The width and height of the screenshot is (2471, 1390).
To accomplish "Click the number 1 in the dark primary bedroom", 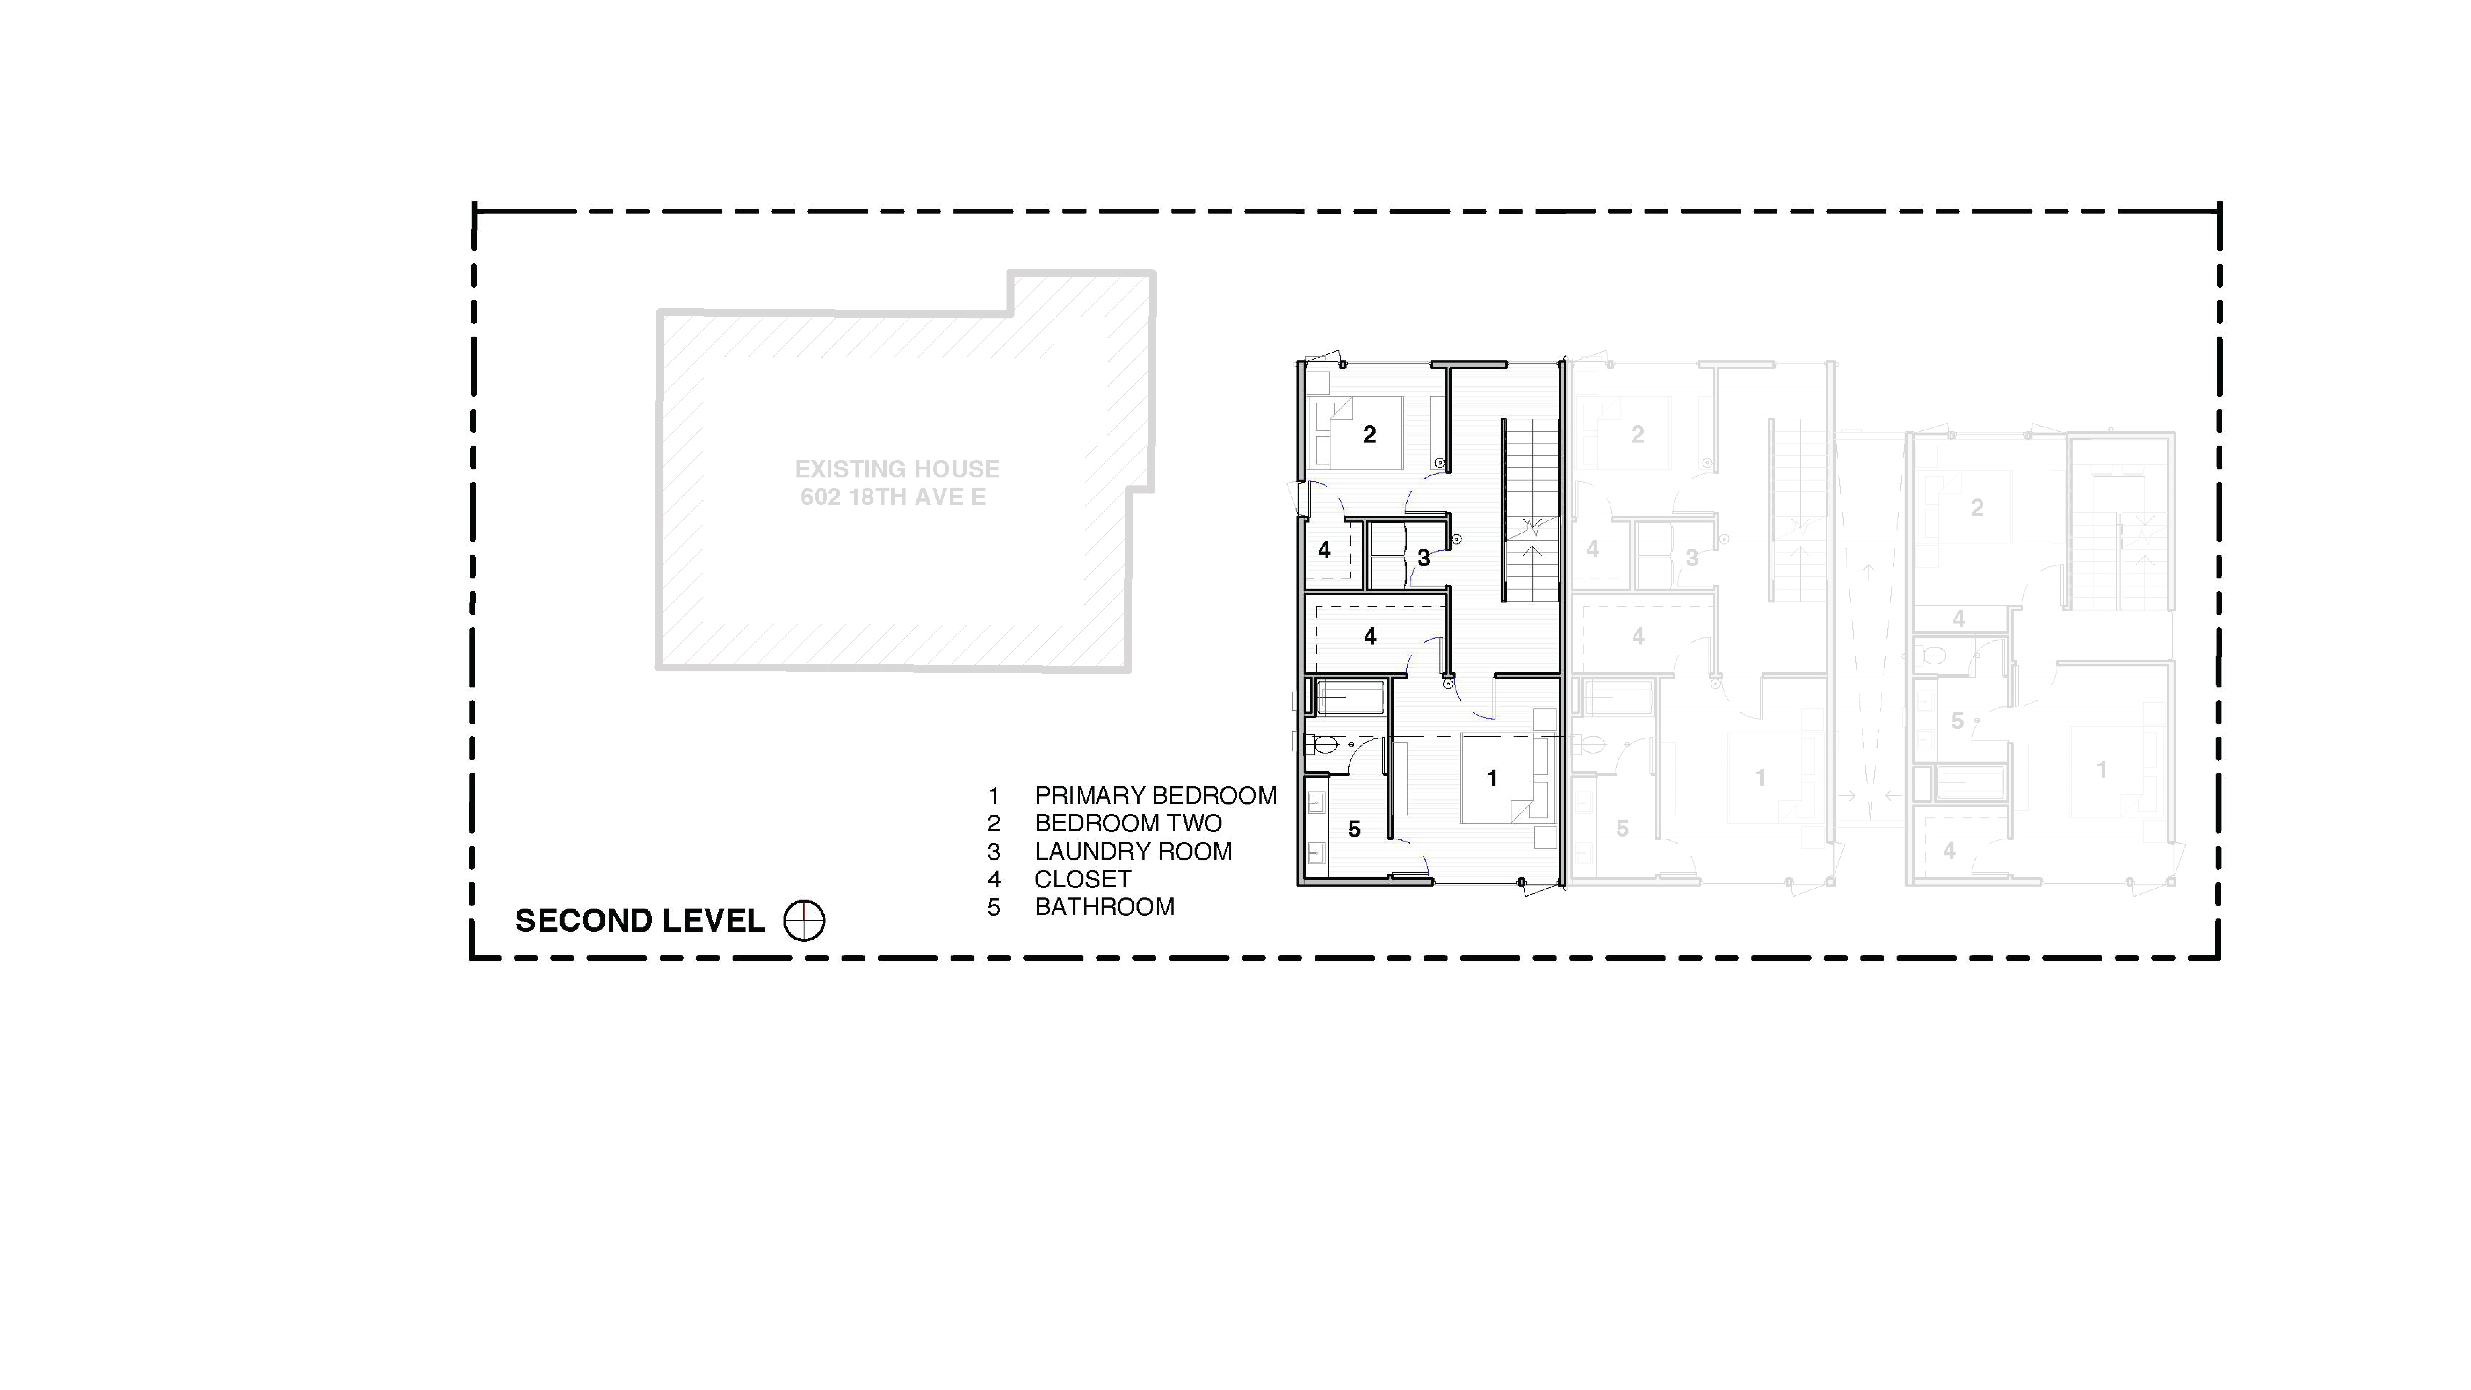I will click(x=1492, y=778).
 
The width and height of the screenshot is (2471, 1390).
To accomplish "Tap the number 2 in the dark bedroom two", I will click(x=1370, y=435).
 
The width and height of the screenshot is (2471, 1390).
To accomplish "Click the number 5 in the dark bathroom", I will click(x=1354, y=829).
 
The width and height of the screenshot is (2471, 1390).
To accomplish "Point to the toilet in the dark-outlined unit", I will click(x=1324, y=743).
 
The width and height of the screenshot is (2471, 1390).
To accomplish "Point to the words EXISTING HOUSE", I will click(x=897, y=469).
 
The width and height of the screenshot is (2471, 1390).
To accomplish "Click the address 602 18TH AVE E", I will click(x=893, y=497).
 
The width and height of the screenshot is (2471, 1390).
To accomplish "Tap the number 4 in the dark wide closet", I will click(x=1370, y=636).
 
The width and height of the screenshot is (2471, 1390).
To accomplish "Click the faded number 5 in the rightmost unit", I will click(x=1957, y=720).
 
